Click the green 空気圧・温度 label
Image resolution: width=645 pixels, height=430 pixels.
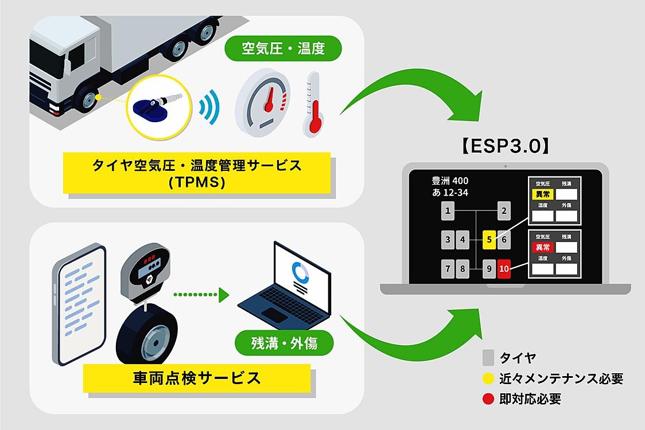[283, 48]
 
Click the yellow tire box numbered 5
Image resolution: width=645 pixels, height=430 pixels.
[488, 240]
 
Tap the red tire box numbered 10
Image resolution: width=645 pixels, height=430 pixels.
[503, 268]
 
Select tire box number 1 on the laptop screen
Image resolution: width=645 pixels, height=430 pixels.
[448, 212]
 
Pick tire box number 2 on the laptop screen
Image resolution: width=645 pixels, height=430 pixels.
[503, 212]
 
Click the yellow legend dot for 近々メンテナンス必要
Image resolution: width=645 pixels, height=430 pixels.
[488, 378]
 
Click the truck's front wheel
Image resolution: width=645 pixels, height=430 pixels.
[90, 99]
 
